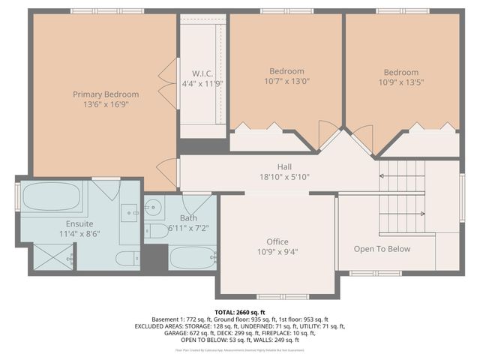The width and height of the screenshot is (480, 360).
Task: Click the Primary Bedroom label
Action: click(x=106, y=94)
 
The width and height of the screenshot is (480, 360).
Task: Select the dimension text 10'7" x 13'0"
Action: click(x=286, y=82)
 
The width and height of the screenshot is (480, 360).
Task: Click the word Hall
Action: click(x=283, y=166)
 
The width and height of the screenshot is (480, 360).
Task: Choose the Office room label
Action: click(x=277, y=241)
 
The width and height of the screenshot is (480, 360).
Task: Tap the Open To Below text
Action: click(x=382, y=249)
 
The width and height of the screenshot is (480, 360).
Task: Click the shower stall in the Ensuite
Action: click(x=52, y=257)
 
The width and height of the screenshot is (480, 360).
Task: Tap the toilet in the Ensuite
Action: click(x=127, y=259)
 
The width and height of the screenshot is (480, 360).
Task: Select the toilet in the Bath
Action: click(x=156, y=230)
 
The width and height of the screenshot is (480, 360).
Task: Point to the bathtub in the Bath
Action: click(x=193, y=258)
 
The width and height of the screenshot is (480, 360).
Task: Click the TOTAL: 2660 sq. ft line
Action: click(x=240, y=312)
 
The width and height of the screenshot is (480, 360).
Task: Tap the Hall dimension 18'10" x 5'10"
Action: click(x=283, y=177)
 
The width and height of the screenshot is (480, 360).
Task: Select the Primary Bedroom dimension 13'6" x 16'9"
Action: click(x=106, y=105)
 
